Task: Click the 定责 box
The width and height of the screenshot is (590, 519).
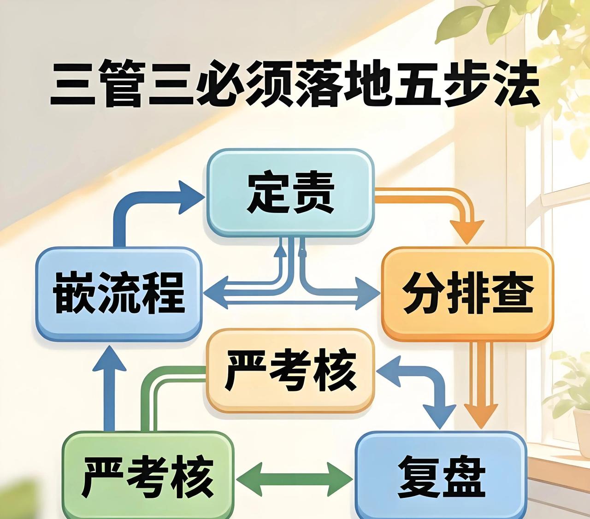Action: click(290, 192)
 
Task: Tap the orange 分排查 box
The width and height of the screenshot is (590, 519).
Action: click(467, 294)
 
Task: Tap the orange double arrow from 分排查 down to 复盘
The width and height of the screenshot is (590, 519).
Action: click(480, 383)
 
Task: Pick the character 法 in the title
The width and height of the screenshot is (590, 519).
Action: click(512, 85)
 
